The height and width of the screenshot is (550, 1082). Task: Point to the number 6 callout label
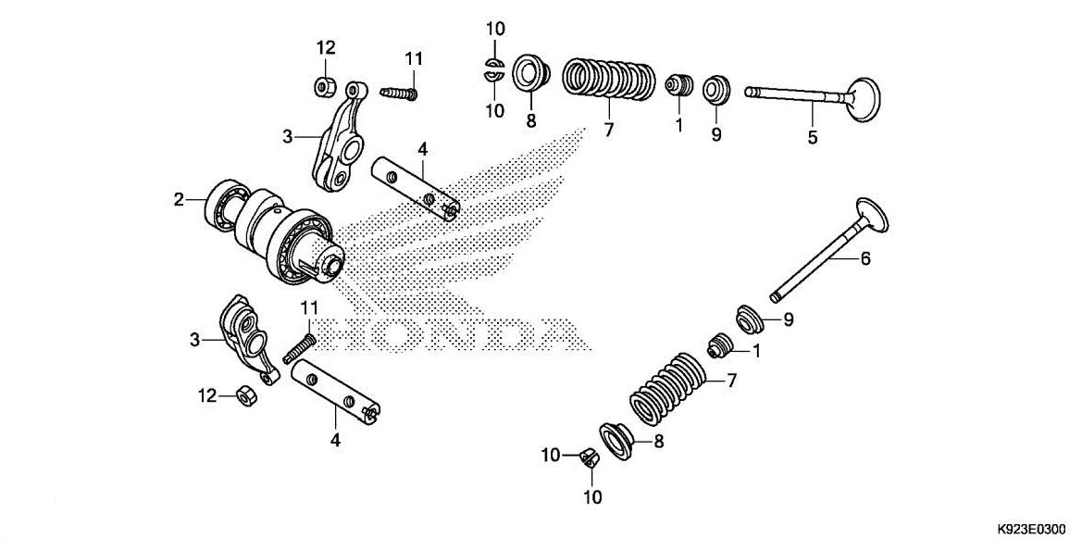[x=865, y=259]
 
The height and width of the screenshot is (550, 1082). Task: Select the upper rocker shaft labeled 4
[x=415, y=188]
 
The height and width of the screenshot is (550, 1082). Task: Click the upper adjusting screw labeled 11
[x=400, y=92]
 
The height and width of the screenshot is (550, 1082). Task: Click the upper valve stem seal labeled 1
[x=680, y=83]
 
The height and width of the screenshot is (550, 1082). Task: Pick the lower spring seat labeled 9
[x=751, y=319]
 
